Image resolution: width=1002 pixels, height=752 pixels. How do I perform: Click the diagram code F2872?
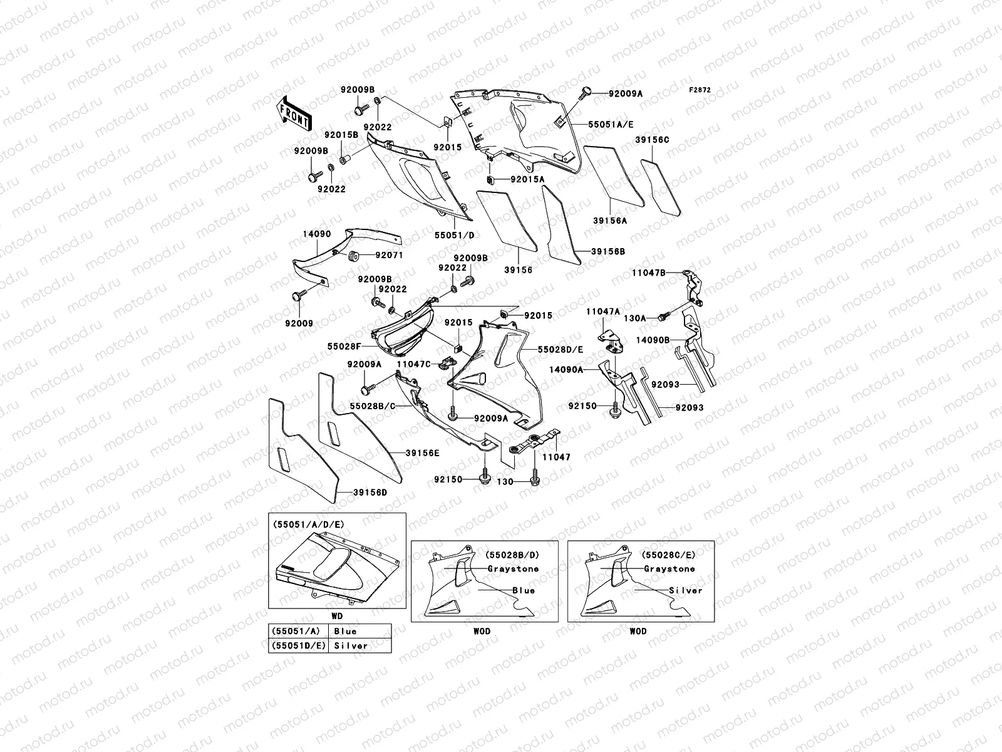700,90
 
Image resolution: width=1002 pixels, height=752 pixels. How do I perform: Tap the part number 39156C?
652,140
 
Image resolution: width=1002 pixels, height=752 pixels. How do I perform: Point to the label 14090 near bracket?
316,233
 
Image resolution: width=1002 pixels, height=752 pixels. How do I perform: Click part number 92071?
389,255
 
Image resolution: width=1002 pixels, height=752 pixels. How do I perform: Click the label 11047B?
648,273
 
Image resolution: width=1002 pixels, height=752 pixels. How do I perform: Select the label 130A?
634,318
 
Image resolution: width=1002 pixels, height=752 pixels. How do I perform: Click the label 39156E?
422,452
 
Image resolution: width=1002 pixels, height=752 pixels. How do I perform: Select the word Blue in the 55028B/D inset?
524,590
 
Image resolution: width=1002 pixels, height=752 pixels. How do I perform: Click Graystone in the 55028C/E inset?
669,569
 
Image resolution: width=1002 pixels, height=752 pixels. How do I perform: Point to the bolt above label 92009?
297,296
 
